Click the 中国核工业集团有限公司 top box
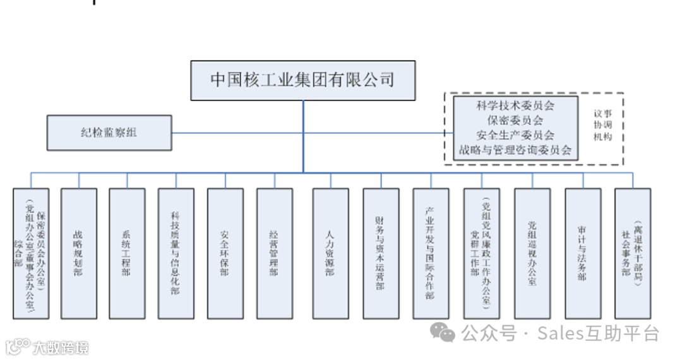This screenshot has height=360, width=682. click(303, 80)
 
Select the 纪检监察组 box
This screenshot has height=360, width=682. click(109, 133)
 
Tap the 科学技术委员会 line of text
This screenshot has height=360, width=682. click(515, 105)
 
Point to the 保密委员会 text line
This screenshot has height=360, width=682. click(515, 120)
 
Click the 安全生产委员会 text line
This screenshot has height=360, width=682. click(515, 135)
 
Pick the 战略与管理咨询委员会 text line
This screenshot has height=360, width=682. click(515, 150)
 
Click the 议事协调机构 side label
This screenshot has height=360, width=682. click(602, 126)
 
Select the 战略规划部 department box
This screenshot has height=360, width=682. click(78, 253)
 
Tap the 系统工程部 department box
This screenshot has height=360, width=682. click(127, 253)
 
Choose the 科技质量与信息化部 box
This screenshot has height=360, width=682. click(176, 253)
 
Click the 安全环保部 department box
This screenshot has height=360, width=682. click(225, 253)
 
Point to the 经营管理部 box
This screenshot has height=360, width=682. click(274, 253)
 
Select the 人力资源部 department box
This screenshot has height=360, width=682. click(330, 253)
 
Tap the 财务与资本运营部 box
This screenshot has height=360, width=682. click(381, 253)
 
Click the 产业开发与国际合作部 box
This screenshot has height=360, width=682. click(431, 253)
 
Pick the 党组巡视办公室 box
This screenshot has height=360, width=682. click(532, 253)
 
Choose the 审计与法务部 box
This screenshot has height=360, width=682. click(582, 253)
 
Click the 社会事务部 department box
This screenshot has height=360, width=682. click(632, 253)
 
